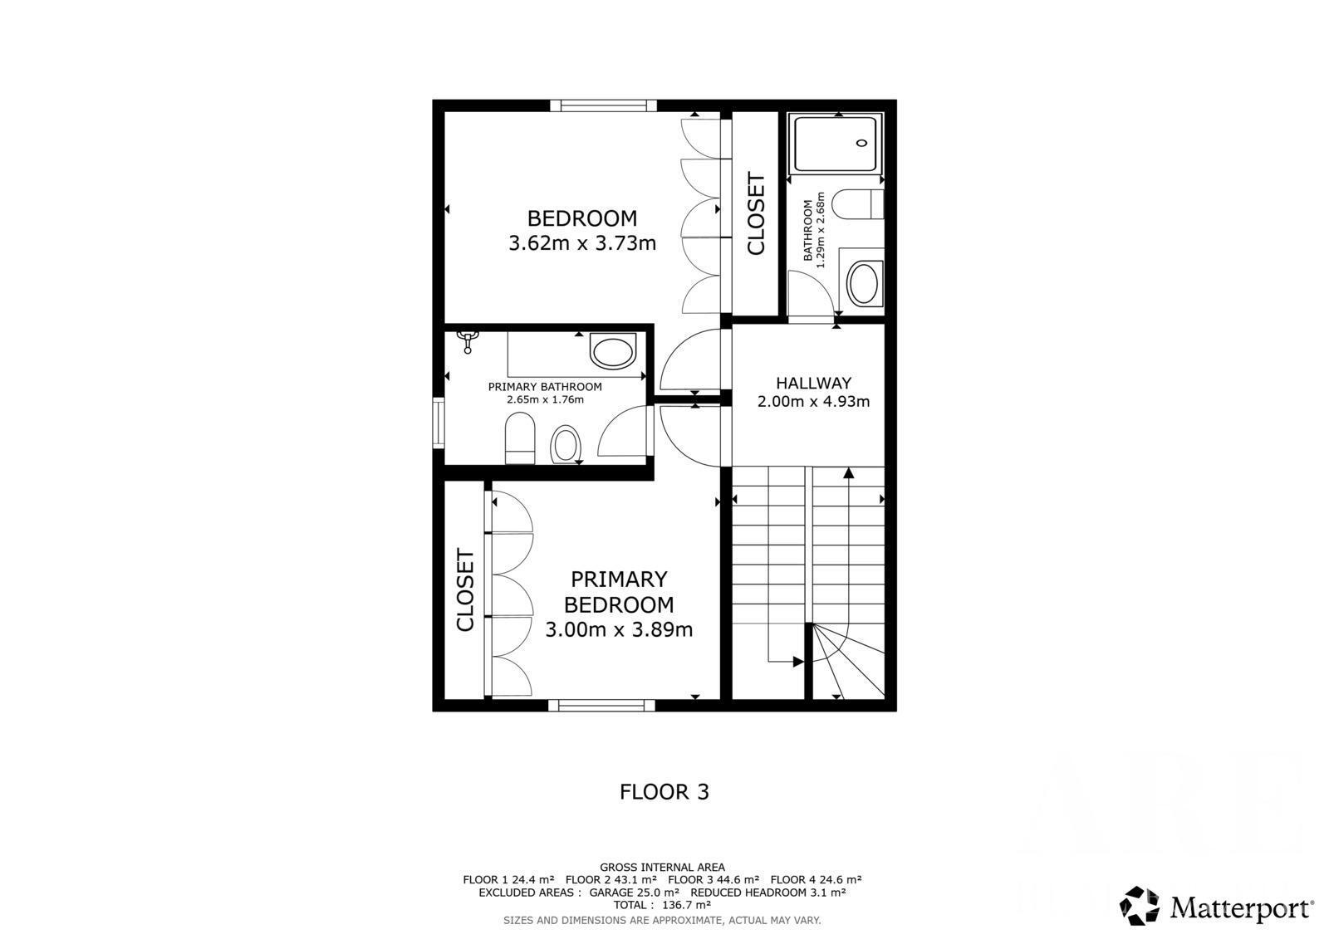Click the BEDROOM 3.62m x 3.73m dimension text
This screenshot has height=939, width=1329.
582,243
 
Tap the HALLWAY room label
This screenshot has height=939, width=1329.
813,383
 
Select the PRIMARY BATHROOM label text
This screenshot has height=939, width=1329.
545,387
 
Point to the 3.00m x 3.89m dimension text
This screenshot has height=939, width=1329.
619,629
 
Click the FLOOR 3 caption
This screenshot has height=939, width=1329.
664,792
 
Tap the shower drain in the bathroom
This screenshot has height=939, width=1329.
861,143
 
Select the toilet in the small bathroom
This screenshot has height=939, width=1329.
858,204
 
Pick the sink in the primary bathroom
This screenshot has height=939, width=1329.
613,350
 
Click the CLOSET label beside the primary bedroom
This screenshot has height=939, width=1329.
465,591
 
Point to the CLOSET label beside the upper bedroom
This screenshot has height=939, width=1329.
755,213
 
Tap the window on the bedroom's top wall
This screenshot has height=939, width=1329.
603,105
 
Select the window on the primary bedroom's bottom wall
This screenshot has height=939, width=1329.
601,706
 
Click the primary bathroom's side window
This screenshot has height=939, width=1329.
439,423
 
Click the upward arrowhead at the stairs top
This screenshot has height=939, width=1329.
848,472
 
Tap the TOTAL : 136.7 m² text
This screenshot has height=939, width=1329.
662,905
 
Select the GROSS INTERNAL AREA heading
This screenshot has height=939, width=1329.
662,868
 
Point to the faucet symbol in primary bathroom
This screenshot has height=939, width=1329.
468,342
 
